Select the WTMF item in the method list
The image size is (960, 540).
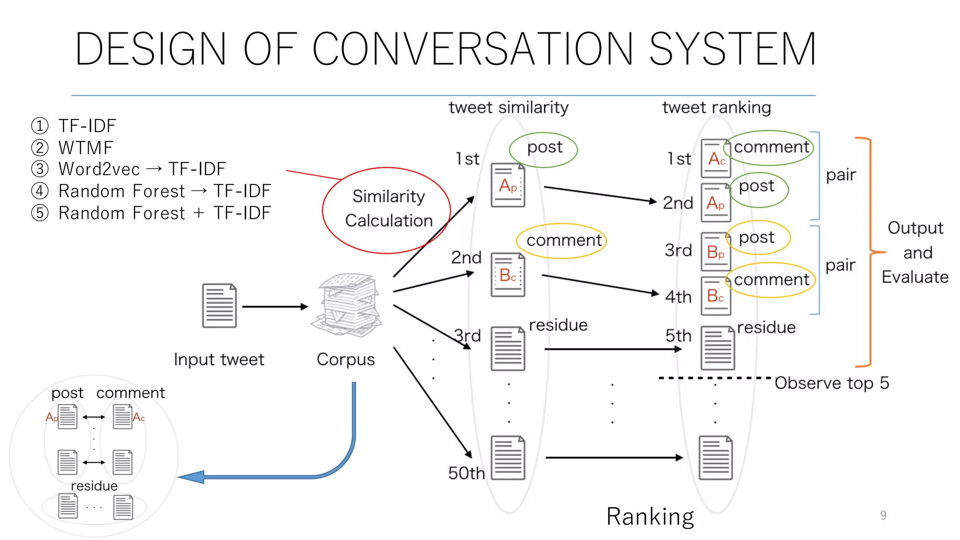(x=86, y=148)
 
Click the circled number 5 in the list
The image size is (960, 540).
(x=40, y=213)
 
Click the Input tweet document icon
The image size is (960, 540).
(x=219, y=306)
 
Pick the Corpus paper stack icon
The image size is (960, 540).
(x=347, y=305)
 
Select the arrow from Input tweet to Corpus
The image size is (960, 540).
(x=275, y=307)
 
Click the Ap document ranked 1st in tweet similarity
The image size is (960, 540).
(x=508, y=185)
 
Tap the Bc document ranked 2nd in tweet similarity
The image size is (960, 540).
(x=508, y=275)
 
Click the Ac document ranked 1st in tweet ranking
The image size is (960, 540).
(x=715, y=158)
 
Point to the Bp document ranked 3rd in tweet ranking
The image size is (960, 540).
(x=715, y=252)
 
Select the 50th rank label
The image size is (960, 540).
(x=466, y=473)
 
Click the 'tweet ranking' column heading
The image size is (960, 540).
(x=716, y=107)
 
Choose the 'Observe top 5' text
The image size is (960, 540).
(x=832, y=383)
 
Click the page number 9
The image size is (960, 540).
(x=883, y=515)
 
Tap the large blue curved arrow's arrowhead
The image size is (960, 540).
(x=192, y=477)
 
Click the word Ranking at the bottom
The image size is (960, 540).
(x=650, y=517)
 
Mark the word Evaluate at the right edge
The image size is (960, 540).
(x=915, y=277)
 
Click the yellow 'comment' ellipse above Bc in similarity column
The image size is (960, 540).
(x=562, y=240)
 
